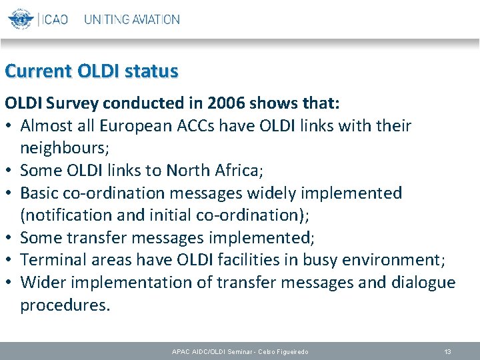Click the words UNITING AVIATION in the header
(x=131, y=19)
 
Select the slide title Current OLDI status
(x=91, y=71)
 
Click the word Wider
(x=43, y=283)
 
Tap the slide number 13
(x=447, y=351)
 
